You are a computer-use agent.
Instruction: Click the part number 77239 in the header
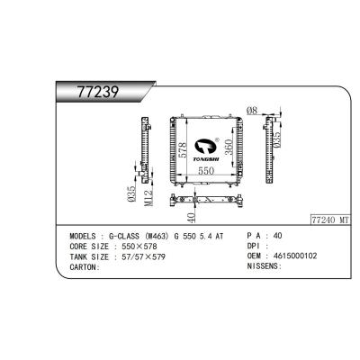(98, 92)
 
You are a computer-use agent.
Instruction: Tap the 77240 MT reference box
(330, 220)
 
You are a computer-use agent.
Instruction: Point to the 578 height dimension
(182, 149)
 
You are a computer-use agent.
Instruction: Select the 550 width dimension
(206, 170)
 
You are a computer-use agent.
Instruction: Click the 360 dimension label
(229, 147)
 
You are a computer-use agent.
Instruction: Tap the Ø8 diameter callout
(252, 111)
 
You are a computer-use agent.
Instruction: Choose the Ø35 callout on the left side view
(131, 193)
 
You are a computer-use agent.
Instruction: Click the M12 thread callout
(149, 197)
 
